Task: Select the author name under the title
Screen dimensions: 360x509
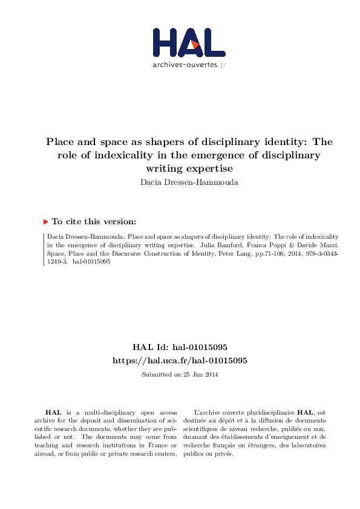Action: point(180,180)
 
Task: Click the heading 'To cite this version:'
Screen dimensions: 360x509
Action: point(94,222)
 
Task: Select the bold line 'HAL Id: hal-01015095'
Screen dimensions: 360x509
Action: point(180,348)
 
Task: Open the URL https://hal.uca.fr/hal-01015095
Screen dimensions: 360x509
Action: point(180,360)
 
